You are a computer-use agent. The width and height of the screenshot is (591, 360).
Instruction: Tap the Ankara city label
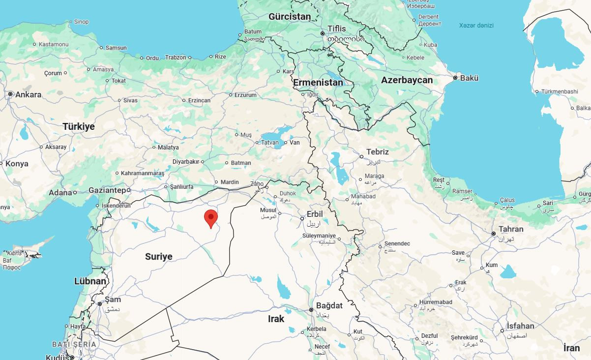[28, 94]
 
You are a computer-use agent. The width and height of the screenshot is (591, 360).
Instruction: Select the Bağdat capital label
[329, 305]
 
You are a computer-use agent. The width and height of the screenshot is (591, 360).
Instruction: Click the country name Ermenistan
[318, 83]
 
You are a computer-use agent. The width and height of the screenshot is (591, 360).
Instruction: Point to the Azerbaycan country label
[407, 80]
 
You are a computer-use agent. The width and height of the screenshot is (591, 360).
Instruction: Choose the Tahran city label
[511, 229]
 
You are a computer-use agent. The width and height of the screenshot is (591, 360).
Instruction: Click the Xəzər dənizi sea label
[476, 26]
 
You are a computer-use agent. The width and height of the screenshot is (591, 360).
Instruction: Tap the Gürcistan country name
[290, 17]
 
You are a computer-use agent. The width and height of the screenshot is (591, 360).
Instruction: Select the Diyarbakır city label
[186, 161]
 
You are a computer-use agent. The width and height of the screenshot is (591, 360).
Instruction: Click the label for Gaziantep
[107, 190]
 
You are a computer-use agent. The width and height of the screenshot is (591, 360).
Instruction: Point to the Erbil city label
[315, 214]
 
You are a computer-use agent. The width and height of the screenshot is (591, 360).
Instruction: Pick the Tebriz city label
[378, 152]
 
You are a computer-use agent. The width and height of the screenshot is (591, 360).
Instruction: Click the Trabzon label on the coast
[176, 58]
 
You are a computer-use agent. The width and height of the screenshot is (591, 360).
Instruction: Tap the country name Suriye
[159, 257]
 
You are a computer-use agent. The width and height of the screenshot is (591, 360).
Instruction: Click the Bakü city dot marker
[455, 78]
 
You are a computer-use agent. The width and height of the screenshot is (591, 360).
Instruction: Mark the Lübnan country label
[90, 281]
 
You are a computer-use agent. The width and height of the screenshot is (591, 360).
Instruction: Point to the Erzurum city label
[245, 95]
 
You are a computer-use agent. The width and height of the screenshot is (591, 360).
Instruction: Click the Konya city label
[17, 164]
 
